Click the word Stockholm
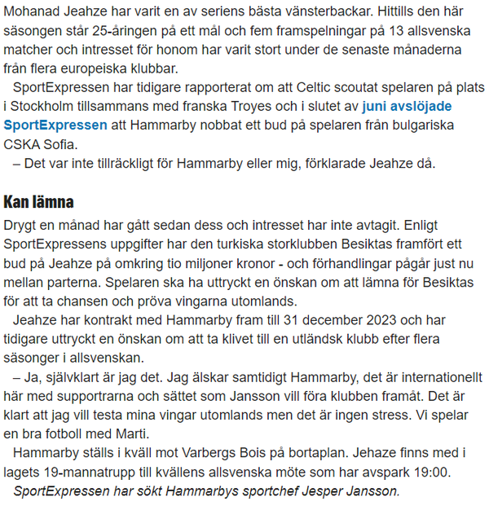click(45, 106)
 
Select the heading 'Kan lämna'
click(39, 201)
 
